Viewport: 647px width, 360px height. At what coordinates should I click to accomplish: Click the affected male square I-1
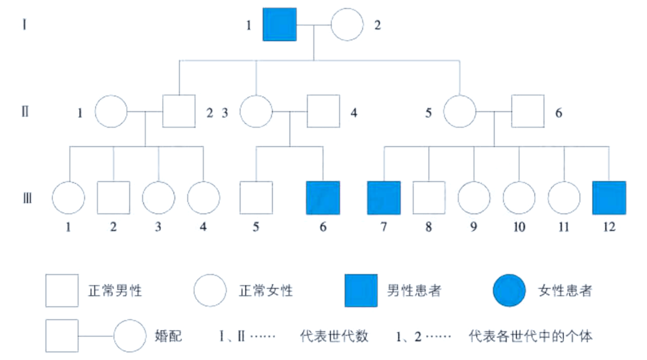(279, 26)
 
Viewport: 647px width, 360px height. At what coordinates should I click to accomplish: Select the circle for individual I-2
(347, 26)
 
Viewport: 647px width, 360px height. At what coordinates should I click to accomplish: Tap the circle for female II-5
(460, 112)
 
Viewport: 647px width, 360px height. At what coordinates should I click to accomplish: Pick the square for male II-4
(323, 112)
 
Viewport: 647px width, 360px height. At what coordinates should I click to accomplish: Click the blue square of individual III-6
(323, 198)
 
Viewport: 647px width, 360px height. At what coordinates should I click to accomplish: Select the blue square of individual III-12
(608, 198)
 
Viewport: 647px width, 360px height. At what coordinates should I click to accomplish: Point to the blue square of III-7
(383, 198)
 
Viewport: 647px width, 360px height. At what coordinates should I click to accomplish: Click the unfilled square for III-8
(429, 198)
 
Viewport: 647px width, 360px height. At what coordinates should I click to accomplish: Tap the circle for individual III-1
(68, 198)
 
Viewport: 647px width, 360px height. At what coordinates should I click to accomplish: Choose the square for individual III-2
(114, 198)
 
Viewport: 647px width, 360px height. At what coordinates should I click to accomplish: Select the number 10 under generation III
(519, 227)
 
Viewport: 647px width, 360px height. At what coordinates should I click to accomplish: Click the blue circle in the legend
(508, 291)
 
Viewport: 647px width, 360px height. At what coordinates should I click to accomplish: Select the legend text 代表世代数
(334, 336)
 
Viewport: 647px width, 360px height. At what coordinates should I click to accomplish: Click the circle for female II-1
(111, 112)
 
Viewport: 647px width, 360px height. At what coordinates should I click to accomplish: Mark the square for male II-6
(528, 112)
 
